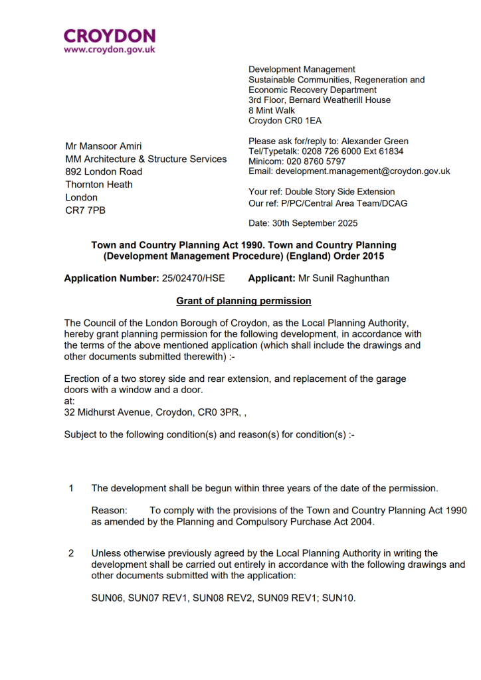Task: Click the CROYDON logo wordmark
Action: [x=110, y=36]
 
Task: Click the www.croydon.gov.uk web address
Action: [x=110, y=49]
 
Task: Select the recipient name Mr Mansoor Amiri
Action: [x=103, y=146]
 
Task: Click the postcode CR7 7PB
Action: [x=85, y=211]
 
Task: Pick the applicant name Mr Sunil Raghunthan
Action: [x=347, y=278]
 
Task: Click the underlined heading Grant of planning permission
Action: [x=244, y=301]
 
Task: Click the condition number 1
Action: [x=71, y=489]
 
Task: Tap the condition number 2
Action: [x=71, y=553]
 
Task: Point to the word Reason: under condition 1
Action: [x=109, y=511]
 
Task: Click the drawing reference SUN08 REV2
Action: [x=224, y=598]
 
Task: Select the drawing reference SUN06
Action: [x=107, y=598]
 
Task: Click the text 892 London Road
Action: [x=103, y=171]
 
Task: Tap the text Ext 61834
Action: [x=385, y=151]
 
